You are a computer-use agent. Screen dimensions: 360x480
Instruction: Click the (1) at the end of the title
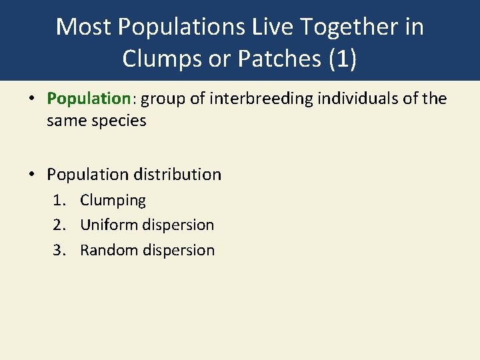tap(341, 59)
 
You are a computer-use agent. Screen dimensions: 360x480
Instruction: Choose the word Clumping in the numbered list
tap(113, 201)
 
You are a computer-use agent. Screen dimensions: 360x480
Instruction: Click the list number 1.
tap(59, 201)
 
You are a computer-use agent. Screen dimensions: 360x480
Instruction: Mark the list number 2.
tap(59, 225)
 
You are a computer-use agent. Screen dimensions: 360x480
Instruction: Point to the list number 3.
tap(59, 251)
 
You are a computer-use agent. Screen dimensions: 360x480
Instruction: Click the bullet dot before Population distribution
tap(31, 175)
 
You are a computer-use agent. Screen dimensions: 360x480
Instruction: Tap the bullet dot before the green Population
tap(31, 99)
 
